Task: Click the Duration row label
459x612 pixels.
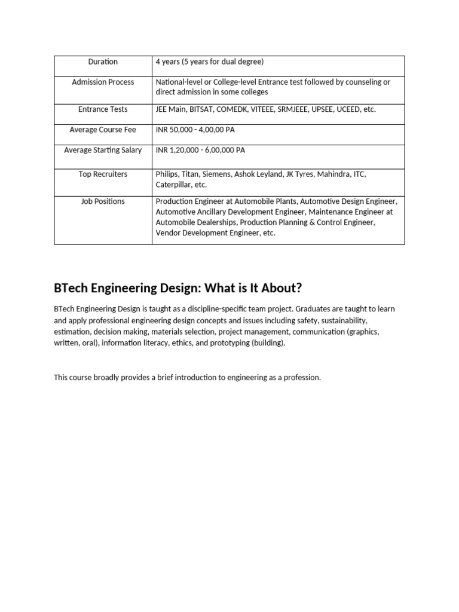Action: (x=103, y=62)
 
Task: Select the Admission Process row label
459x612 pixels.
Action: (x=103, y=82)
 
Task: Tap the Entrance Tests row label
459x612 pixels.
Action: (x=103, y=109)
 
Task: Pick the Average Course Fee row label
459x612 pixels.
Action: (x=103, y=130)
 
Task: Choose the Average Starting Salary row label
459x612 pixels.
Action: (x=103, y=150)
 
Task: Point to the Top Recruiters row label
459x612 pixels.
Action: (x=103, y=174)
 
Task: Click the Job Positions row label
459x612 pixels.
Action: (x=103, y=201)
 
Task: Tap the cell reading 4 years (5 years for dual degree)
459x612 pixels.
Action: (x=210, y=62)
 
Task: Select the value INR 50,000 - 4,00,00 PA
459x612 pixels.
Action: (x=195, y=130)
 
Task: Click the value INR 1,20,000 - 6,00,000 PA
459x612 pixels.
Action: (x=200, y=150)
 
